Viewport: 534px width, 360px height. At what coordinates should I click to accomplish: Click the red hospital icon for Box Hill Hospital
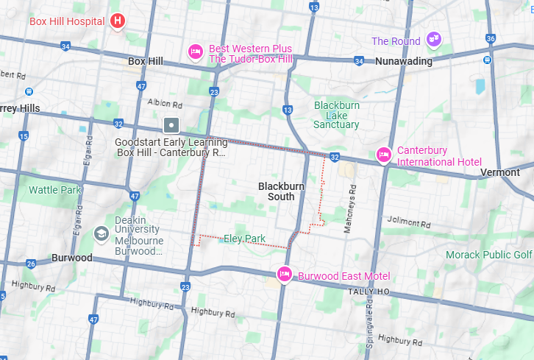(x=118, y=21)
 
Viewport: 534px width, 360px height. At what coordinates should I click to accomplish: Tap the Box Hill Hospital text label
(x=67, y=21)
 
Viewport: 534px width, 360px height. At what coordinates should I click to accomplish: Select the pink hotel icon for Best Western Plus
(x=195, y=52)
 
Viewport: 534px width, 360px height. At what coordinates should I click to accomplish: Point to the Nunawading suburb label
(x=404, y=61)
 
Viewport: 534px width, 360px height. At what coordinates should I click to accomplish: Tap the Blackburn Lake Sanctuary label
(x=337, y=115)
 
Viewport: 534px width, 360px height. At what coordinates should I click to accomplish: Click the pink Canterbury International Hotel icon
(x=383, y=155)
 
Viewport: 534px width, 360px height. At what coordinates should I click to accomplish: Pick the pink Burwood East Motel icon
(x=285, y=275)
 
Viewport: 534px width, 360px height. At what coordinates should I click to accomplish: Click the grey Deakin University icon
(x=101, y=233)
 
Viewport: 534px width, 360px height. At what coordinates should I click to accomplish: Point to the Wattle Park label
(x=54, y=190)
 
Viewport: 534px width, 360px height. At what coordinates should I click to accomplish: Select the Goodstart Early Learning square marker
(x=171, y=125)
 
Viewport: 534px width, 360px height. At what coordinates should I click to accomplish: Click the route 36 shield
(x=491, y=38)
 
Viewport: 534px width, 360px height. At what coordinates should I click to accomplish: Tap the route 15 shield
(x=24, y=136)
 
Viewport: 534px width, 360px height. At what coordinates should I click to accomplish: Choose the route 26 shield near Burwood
(x=30, y=264)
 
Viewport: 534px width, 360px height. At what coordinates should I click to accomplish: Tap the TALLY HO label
(x=369, y=292)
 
